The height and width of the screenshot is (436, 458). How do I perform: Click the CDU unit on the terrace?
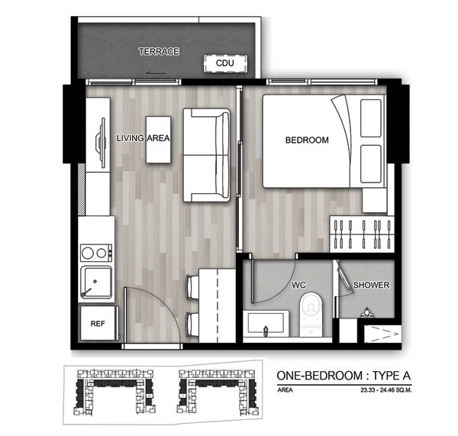pos(225,63)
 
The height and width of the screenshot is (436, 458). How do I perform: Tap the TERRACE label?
pos(159,52)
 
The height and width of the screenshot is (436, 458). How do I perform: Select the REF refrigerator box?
pos(98,323)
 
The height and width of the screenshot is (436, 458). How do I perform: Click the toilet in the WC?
pos(311,315)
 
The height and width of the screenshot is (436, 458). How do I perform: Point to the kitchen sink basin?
pos(96,282)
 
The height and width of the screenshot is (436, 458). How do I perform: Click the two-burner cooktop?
pos(96,253)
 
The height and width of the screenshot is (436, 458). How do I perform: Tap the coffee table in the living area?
pos(158,140)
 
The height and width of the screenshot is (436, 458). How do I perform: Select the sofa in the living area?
pos(207,155)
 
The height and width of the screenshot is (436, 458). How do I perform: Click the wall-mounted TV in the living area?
pos(102,143)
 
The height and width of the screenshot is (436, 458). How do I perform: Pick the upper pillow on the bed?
pos(371,118)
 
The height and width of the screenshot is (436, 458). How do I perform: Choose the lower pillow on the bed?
pos(371,164)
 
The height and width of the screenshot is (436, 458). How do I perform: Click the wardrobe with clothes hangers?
pos(362,234)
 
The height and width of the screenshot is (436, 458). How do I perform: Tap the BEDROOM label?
pos(307,140)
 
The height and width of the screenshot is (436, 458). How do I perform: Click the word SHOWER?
pos(371,285)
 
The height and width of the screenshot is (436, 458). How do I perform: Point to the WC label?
pos(298,285)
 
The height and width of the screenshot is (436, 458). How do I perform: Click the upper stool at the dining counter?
pos(193,286)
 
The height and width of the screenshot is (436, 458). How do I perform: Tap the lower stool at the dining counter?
pos(193,325)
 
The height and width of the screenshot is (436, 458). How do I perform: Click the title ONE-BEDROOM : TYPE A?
pos(343,376)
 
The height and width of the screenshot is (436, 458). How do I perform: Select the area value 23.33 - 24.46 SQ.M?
pos(385,390)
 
